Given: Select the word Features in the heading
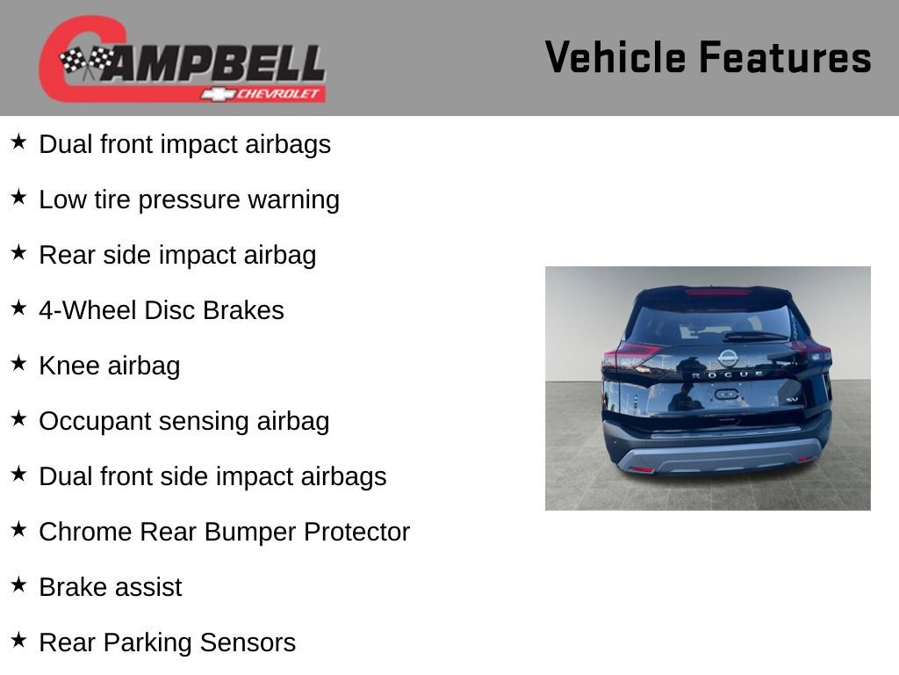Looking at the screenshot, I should tap(785, 58).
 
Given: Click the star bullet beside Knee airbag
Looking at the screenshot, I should tap(19, 363).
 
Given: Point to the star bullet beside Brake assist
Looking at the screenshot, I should tap(19, 584).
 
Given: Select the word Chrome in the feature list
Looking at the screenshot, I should tap(85, 532).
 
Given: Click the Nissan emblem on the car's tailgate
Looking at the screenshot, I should tap(728, 358).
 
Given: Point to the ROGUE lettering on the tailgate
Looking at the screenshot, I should tap(728, 374).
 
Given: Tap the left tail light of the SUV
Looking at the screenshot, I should tap(630, 356).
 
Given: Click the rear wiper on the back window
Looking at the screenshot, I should tap(753, 336).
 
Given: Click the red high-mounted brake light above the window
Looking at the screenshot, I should tap(718, 292).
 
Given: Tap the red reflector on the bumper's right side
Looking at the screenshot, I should tap(804, 458).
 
